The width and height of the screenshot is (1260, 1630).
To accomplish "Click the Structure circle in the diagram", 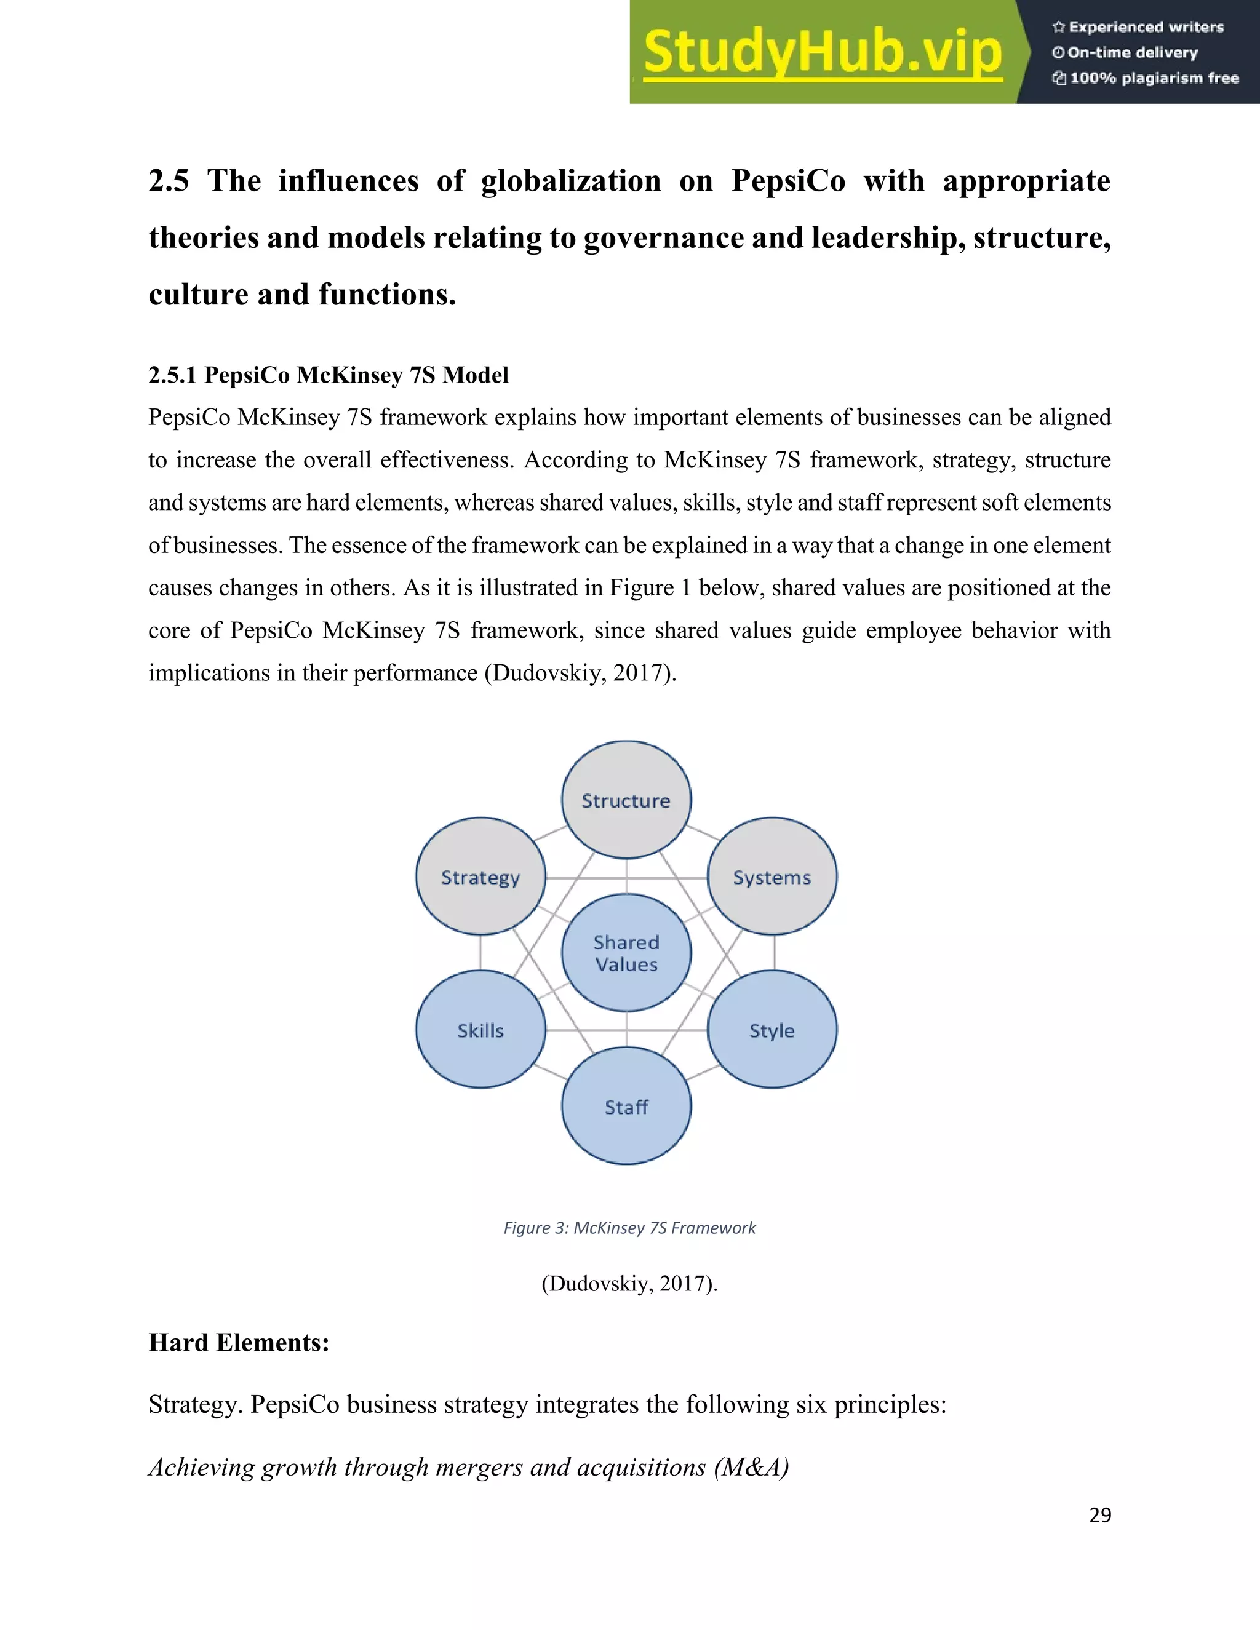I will click(626, 800).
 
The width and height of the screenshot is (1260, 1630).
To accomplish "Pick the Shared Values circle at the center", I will click(626, 953).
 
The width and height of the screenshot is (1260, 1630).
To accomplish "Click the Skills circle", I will click(480, 1030).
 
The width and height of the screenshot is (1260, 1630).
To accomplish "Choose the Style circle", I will click(772, 1030).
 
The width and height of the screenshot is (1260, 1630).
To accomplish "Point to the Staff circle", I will click(626, 1106).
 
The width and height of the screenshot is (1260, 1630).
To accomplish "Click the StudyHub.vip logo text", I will click(822, 52).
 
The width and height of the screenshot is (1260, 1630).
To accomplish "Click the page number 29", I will click(1099, 1515).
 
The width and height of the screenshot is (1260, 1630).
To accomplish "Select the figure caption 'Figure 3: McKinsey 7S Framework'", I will click(629, 1228).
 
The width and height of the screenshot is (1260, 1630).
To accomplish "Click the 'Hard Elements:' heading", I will click(239, 1343).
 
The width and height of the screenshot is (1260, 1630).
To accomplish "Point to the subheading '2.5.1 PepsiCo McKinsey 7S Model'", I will click(329, 375).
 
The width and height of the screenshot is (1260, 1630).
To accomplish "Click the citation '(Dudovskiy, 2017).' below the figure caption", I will click(629, 1284).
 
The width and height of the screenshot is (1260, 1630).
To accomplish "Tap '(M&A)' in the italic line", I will click(751, 1467).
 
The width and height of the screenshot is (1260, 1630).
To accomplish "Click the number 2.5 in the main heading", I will click(169, 181).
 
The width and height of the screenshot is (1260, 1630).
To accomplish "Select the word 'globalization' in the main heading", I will click(570, 181).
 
